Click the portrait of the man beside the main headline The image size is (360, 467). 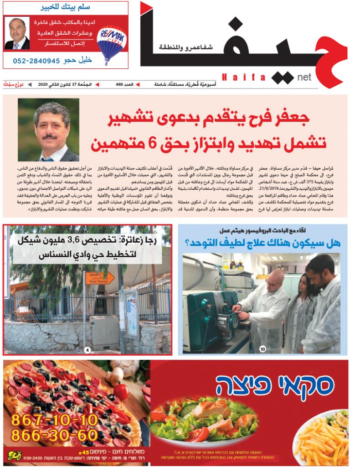(x=48, y=130)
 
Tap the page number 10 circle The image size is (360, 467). (x=262, y=349)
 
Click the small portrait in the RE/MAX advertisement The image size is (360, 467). (x=17, y=34)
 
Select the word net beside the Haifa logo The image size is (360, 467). (x=303, y=77)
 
